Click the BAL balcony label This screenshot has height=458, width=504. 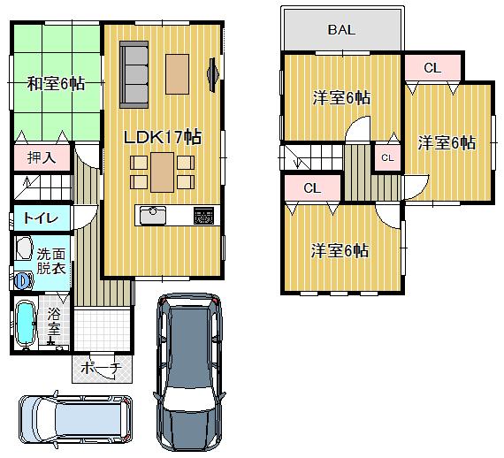(341, 29)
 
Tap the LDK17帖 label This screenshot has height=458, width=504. (162, 137)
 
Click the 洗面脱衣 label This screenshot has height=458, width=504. (50, 260)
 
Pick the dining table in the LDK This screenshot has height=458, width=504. (162, 172)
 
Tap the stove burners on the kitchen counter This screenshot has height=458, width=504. (203, 215)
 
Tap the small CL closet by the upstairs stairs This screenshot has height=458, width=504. (386, 156)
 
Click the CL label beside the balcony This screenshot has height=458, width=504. (431, 67)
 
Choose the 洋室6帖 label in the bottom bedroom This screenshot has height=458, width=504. (340, 250)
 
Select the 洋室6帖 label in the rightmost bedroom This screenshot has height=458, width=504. (447, 142)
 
